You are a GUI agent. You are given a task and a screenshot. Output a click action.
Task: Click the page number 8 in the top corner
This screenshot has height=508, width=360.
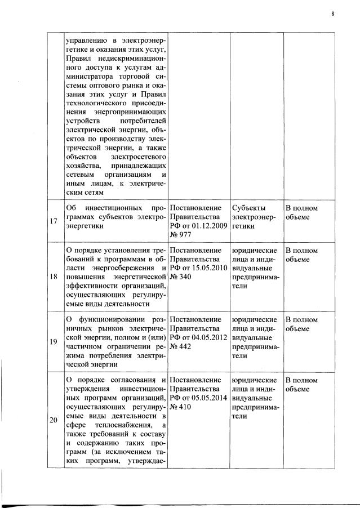click(x=333, y=14)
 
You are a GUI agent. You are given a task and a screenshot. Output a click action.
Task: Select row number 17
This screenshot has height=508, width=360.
click(x=53, y=221)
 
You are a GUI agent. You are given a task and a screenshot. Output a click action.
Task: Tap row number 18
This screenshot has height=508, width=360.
click(x=53, y=277)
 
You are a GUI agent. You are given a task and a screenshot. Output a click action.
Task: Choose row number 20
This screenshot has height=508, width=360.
click(x=53, y=419)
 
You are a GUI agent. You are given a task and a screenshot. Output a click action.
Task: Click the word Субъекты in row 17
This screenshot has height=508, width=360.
click(x=248, y=207)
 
